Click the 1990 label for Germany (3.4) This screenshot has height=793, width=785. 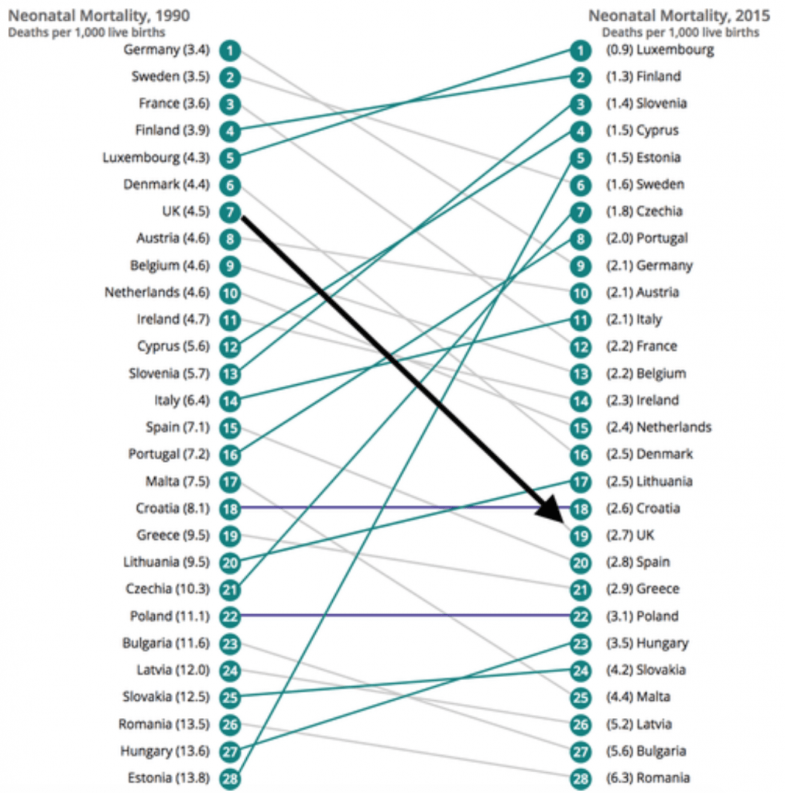click(x=166, y=50)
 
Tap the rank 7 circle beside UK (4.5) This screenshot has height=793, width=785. click(x=230, y=211)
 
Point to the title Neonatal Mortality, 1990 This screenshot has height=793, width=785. click(x=99, y=15)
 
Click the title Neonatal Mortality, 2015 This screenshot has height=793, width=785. click(x=679, y=15)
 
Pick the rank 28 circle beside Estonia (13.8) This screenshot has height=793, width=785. click(x=230, y=778)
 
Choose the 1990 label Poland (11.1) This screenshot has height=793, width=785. click(x=170, y=616)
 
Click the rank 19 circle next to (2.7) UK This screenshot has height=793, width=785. click(x=581, y=535)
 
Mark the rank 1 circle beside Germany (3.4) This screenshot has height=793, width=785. click(x=230, y=50)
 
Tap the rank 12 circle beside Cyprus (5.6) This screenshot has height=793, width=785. click(x=230, y=346)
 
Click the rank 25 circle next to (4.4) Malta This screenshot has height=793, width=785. click(x=581, y=697)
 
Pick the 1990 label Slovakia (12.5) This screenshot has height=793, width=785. click(x=166, y=697)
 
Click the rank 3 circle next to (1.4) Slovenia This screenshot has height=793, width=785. click(x=581, y=104)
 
